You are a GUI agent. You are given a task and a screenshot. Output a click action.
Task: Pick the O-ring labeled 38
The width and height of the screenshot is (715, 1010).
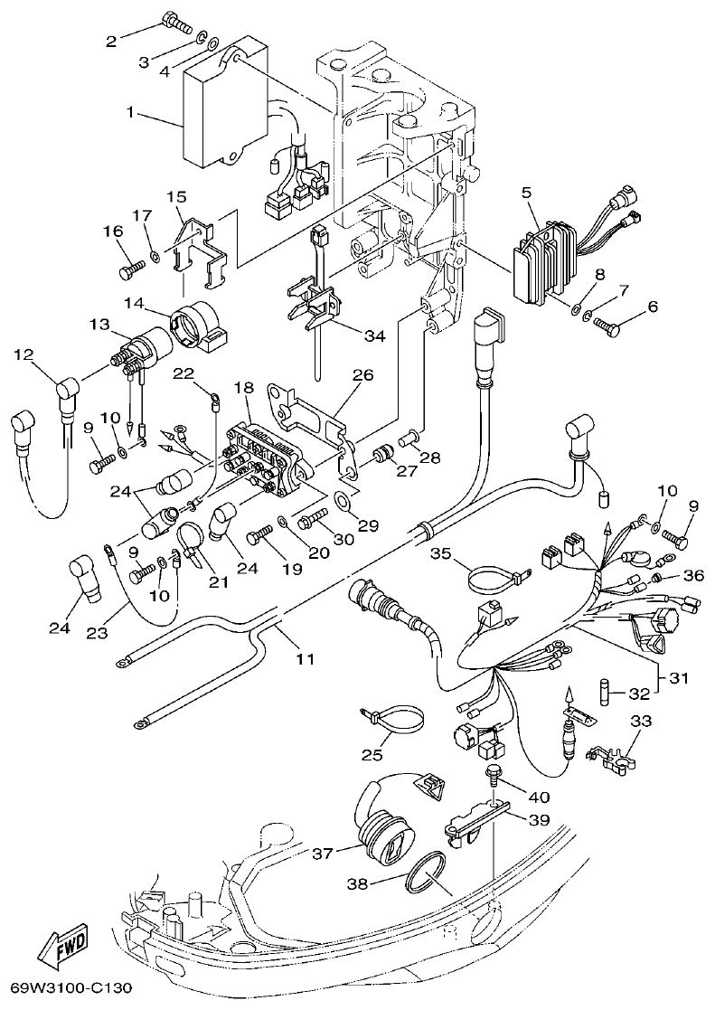430,876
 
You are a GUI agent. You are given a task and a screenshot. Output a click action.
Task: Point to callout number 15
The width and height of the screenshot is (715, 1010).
176,196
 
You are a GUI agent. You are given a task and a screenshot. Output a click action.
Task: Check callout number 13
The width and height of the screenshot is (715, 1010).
99,323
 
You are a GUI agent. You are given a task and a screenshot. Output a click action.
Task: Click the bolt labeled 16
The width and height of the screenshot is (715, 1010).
131,269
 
